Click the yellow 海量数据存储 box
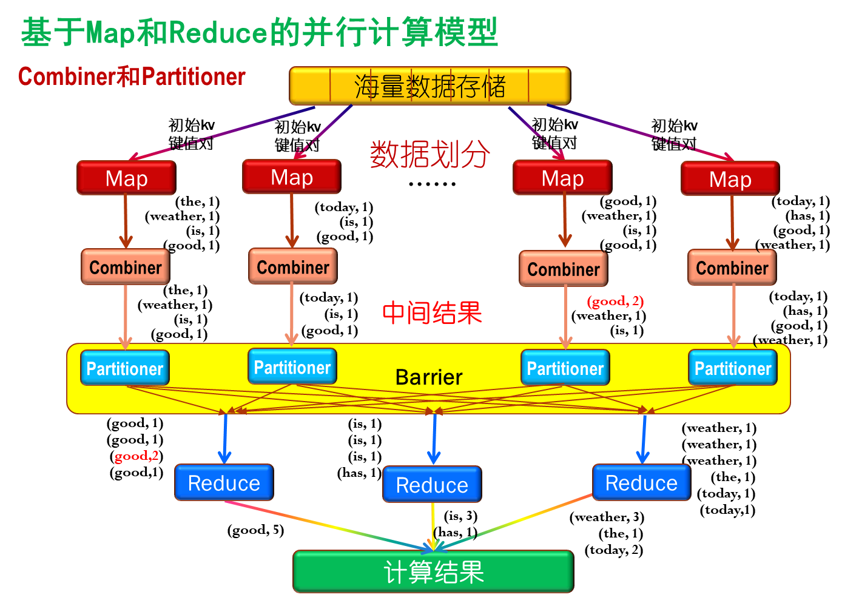click(429, 86)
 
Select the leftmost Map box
click(126, 178)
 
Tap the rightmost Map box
click(730, 179)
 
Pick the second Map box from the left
click(292, 177)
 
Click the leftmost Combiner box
click(126, 267)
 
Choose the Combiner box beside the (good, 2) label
click(564, 269)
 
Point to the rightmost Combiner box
click(732, 268)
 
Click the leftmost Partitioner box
click(125, 368)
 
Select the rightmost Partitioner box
click(733, 368)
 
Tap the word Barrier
click(429, 377)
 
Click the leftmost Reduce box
click(224, 483)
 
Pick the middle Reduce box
click(432, 485)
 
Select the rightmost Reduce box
click(641, 483)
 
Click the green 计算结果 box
click(433, 571)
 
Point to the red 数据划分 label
click(429, 155)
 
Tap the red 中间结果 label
click(432, 313)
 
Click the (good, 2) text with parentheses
click(615, 302)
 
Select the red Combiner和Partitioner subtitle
click(132, 77)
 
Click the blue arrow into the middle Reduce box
click(434, 438)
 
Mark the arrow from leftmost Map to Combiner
click(126, 221)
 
